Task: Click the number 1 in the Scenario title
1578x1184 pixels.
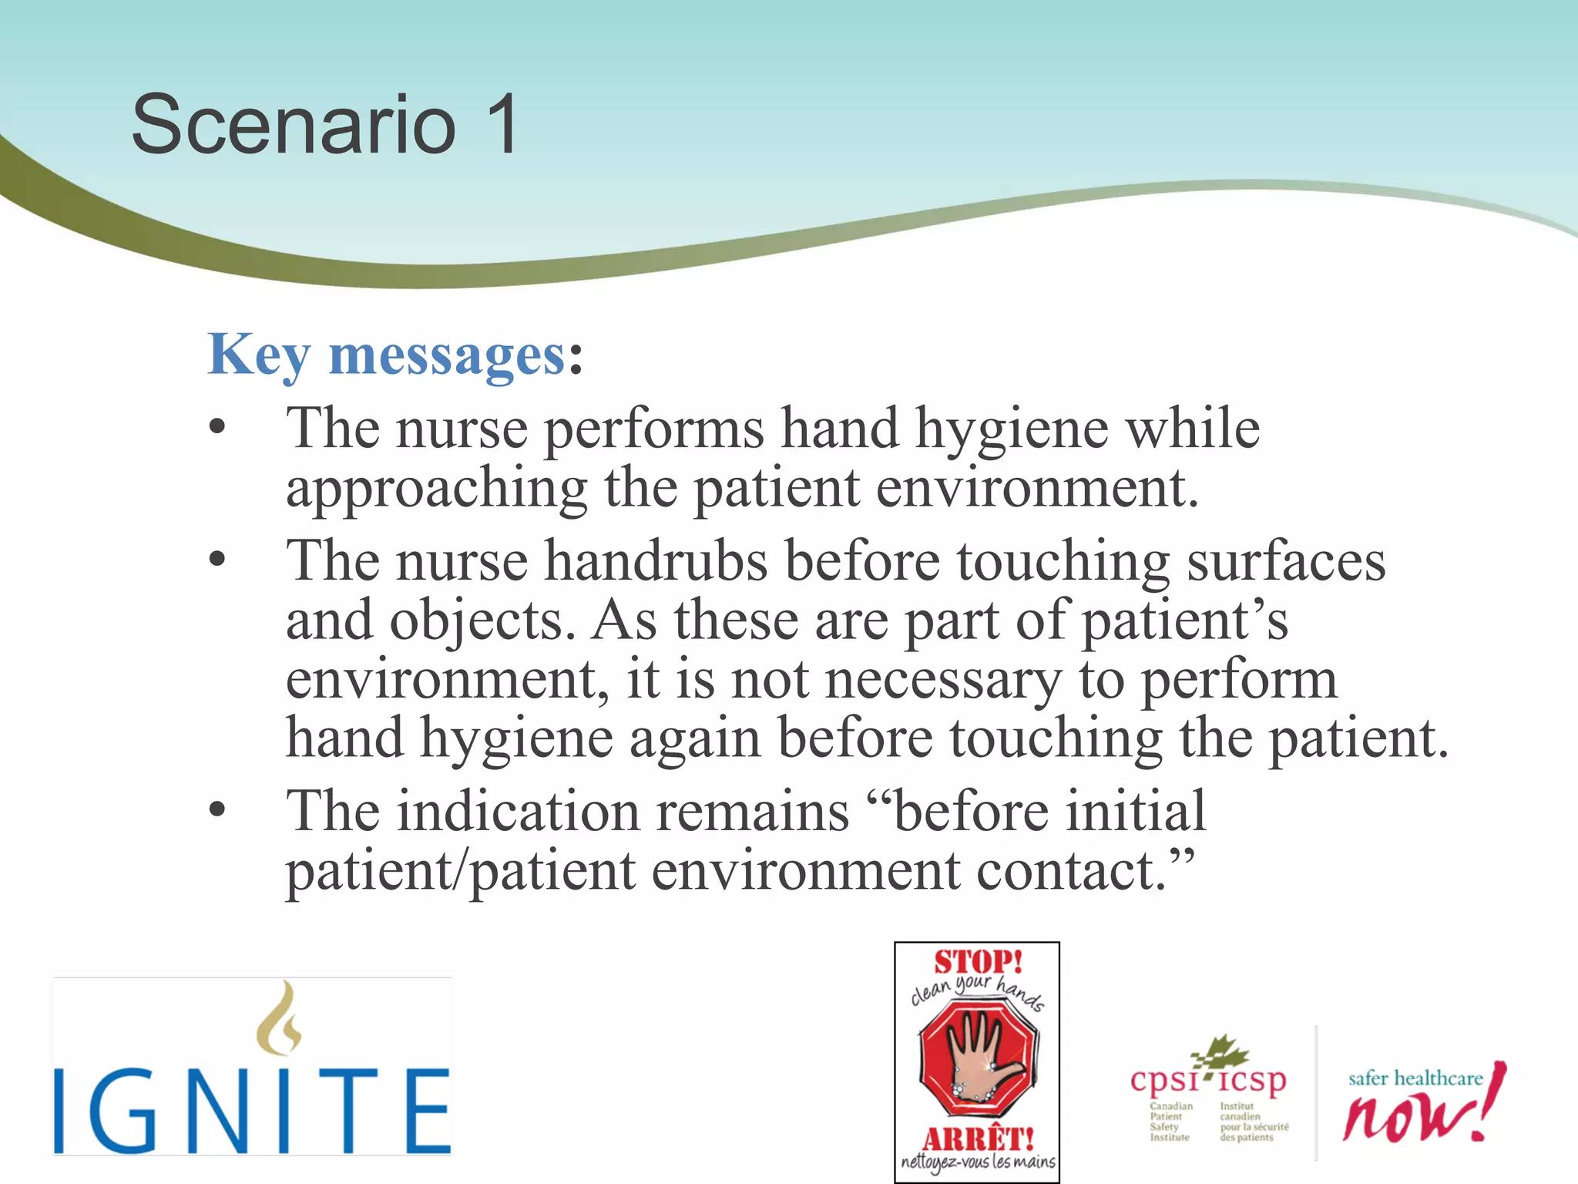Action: click(x=502, y=125)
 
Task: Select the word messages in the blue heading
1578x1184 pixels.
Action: click(x=448, y=356)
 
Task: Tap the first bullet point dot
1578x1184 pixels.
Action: click(x=218, y=428)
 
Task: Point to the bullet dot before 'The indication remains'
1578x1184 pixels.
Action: click(x=218, y=810)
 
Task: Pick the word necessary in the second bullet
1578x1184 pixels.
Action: click(x=942, y=680)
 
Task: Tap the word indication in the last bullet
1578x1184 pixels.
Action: click(x=518, y=812)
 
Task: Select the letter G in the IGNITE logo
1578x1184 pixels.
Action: click(x=123, y=1111)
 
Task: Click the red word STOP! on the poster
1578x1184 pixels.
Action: click(x=978, y=962)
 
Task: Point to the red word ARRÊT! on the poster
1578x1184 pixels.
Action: click(x=977, y=1139)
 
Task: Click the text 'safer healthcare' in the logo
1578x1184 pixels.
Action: click(x=1415, y=1078)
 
